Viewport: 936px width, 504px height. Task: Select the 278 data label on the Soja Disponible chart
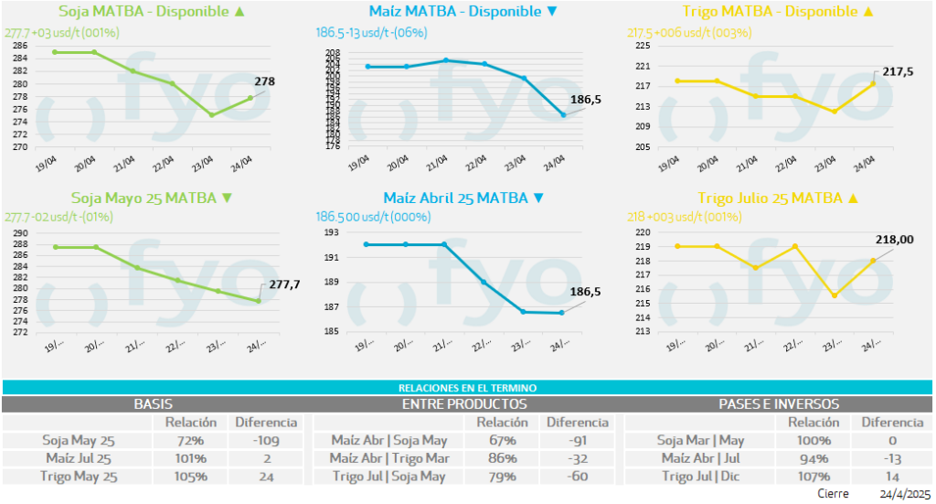click(264, 81)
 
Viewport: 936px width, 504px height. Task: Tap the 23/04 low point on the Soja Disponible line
click(211, 114)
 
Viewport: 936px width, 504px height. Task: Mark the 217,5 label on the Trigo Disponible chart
click(898, 70)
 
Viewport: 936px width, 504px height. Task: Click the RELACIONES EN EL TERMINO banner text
click(467, 388)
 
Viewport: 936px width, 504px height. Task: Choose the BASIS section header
click(154, 403)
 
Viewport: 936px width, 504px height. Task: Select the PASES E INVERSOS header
click(779, 403)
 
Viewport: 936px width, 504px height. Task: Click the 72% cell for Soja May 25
click(190, 440)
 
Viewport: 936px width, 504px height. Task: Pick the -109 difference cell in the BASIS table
click(267, 440)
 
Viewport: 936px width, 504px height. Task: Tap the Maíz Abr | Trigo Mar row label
click(388, 458)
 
